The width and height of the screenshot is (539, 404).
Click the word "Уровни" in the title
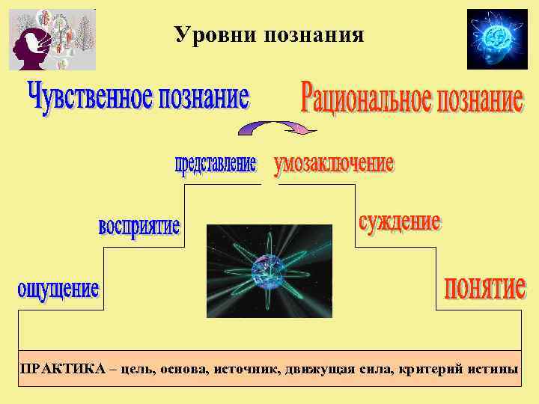point(214,34)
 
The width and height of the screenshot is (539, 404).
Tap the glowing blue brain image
point(496,39)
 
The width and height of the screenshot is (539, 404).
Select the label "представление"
point(216,164)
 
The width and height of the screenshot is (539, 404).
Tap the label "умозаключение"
point(334,165)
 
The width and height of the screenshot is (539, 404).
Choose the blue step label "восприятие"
point(139,225)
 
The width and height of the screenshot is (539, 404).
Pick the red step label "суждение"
point(399,221)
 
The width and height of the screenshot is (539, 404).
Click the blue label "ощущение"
point(58,289)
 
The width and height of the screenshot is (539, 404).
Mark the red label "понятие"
point(484,287)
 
